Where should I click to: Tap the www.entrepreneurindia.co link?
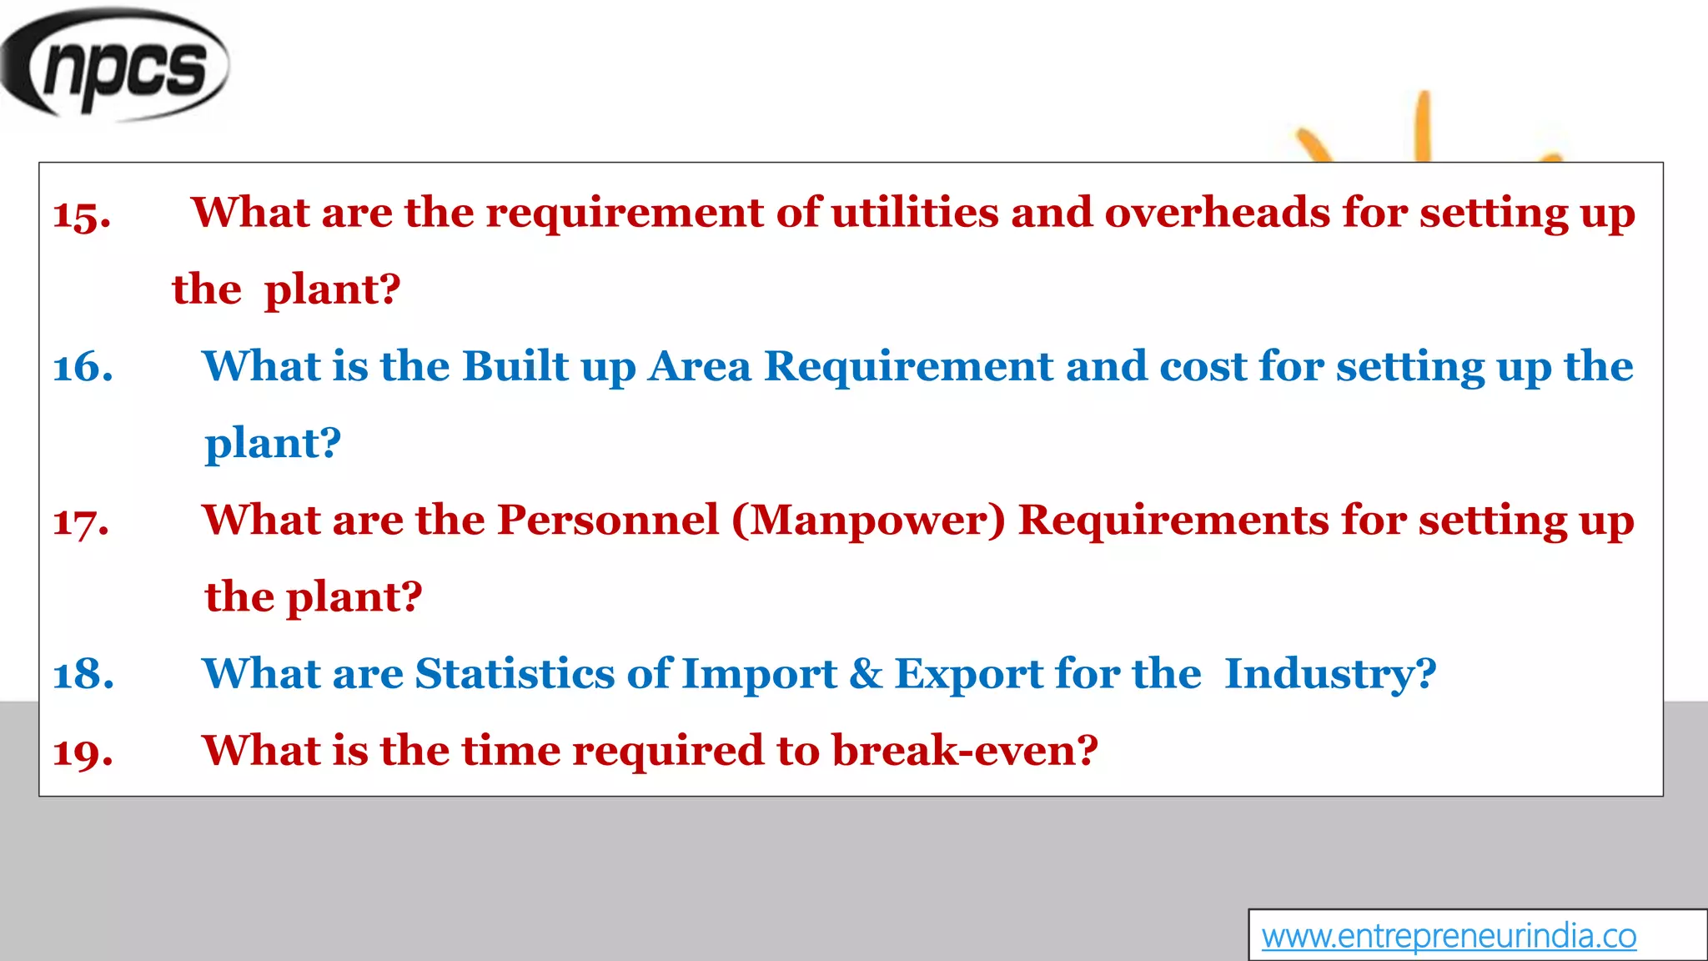click(1449, 936)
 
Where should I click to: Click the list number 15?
click(82, 215)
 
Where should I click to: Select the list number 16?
click(83, 368)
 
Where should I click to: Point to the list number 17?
click(81, 522)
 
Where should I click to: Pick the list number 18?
click(83, 675)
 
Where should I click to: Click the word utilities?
click(915, 212)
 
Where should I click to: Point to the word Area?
click(700, 366)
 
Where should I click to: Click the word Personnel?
click(608, 520)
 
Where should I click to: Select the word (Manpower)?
click(868, 520)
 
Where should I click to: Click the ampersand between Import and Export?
click(866, 673)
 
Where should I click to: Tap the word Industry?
click(1330, 673)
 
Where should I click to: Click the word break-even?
click(965, 750)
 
